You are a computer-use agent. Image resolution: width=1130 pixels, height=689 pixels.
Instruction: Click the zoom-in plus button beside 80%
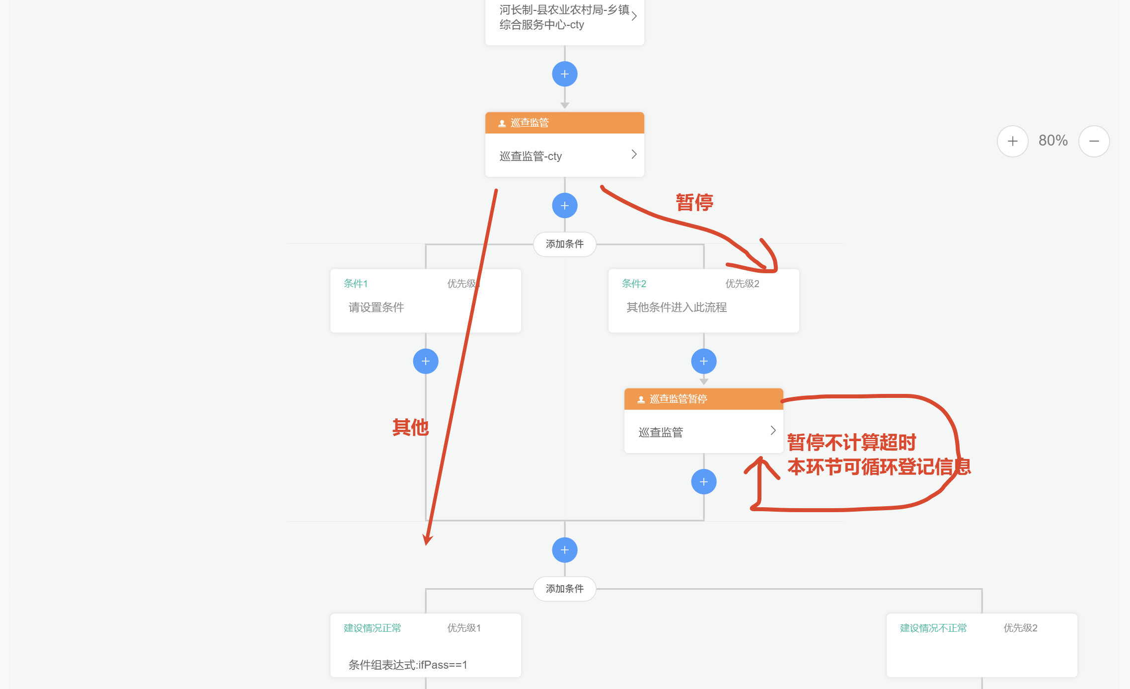coord(1012,141)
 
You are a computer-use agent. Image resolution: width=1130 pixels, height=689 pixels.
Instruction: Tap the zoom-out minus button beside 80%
coord(1094,141)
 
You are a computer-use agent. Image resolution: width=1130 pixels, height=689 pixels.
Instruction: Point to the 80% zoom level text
coord(1053,141)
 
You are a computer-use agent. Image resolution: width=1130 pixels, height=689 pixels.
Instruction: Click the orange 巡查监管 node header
coord(564,123)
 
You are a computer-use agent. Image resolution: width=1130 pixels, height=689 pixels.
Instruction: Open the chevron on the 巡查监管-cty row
coord(634,154)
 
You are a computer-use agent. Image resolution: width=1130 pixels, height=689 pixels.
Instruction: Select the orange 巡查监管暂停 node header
coord(703,399)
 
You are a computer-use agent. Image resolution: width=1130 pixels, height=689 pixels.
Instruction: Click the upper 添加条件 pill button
coord(565,244)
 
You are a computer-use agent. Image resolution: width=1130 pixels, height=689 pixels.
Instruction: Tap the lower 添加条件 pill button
coord(565,589)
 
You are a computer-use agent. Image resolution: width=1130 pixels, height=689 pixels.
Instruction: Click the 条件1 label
coord(356,284)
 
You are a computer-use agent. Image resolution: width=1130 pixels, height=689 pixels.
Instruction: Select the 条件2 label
coord(634,284)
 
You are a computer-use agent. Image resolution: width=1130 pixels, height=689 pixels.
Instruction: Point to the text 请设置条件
coord(376,307)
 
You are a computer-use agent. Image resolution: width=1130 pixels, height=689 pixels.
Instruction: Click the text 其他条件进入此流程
coord(677,307)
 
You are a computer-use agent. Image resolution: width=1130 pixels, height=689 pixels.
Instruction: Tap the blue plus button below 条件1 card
coord(426,361)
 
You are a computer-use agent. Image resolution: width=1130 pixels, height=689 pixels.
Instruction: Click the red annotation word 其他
coord(410,427)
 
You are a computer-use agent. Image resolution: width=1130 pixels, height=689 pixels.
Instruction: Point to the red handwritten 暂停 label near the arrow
coord(694,203)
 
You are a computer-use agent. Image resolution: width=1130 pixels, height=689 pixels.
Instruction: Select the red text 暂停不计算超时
coord(851,442)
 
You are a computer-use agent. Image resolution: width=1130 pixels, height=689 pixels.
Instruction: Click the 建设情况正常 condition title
coord(372,628)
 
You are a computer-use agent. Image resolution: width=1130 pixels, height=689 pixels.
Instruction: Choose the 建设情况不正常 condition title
coord(933,628)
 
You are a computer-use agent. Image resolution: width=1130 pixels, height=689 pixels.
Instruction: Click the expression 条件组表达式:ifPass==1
coord(408,665)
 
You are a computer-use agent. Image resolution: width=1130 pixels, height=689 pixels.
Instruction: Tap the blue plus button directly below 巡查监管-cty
coord(565,206)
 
